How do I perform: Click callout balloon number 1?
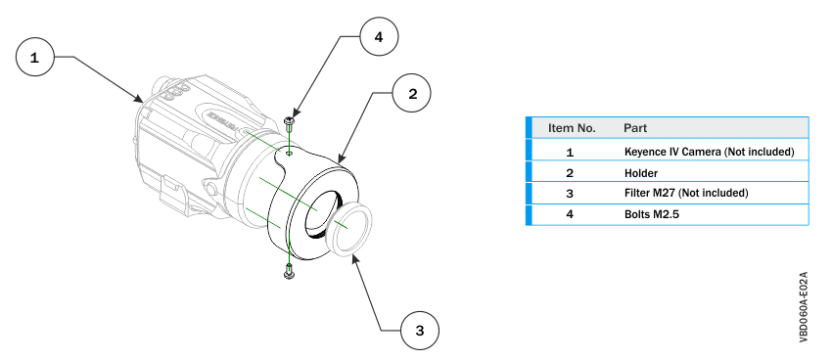point(35,59)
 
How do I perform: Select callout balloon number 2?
point(412,94)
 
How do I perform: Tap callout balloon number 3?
point(419,330)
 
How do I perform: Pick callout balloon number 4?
point(378,38)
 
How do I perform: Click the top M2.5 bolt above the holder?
point(290,124)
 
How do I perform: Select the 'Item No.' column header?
point(572,128)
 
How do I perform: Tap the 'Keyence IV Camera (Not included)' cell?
point(708,152)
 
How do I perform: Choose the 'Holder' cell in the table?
point(641,172)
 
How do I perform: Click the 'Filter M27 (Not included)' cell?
point(685,193)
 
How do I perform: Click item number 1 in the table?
point(570,152)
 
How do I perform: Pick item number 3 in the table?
point(570,193)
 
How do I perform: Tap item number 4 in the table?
point(570,213)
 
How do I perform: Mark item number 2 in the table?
point(570,172)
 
